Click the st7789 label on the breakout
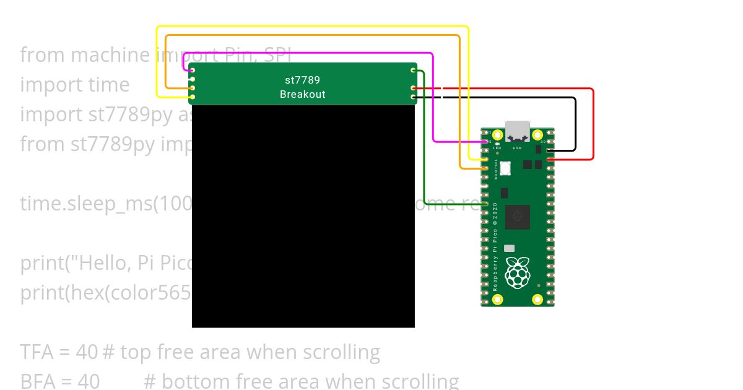(302, 80)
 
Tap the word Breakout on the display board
(302, 94)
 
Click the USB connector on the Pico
(518, 131)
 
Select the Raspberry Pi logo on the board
(518, 272)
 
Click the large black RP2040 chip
(518, 217)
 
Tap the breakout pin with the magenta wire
(193, 71)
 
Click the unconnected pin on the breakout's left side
(193, 79)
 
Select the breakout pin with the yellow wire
(193, 97)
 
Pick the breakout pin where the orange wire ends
(193, 89)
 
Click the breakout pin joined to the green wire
(414, 71)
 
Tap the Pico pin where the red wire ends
(550, 160)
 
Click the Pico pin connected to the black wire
(550, 150)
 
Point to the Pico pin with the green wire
(486, 204)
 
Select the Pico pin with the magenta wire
(486, 142)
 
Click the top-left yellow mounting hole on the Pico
(497, 134)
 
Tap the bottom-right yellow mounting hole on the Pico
(537, 300)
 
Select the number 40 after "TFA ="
(86, 352)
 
